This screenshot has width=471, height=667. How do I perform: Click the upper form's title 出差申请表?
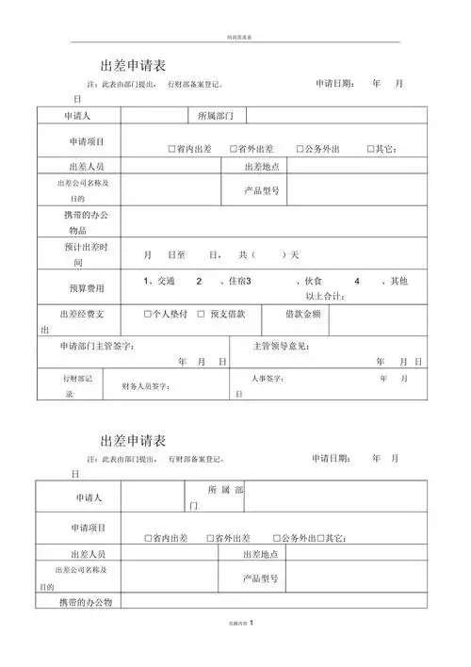[133, 66]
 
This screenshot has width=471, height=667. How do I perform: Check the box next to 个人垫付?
[148, 313]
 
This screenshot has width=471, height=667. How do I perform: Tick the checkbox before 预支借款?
[201, 313]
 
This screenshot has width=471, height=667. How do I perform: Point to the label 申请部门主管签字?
[97, 346]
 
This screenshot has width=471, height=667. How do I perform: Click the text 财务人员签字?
[146, 386]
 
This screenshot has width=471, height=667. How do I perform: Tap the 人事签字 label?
[268, 379]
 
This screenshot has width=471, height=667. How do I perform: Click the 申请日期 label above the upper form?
[334, 84]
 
